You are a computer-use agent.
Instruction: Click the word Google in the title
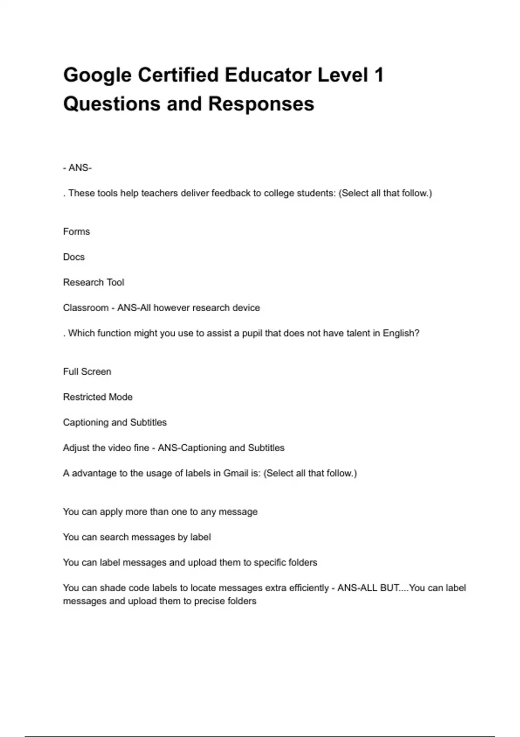tap(97, 75)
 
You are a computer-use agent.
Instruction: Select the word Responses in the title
tap(261, 104)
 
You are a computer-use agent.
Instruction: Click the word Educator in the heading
tap(268, 75)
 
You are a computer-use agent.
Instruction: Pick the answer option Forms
tap(76, 232)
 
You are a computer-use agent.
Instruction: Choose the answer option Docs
tap(74, 257)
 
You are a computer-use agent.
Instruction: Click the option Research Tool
tap(94, 282)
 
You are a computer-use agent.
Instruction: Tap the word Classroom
tap(86, 308)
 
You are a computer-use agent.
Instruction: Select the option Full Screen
tap(87, 372)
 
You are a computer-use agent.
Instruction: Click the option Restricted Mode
tap(98, 397)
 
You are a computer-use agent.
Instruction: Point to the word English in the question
tap(401, 333)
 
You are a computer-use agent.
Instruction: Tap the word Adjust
tap(76, 448)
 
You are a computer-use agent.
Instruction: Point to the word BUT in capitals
tap(390, 588)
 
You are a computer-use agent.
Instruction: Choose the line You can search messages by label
tap(137, 537)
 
